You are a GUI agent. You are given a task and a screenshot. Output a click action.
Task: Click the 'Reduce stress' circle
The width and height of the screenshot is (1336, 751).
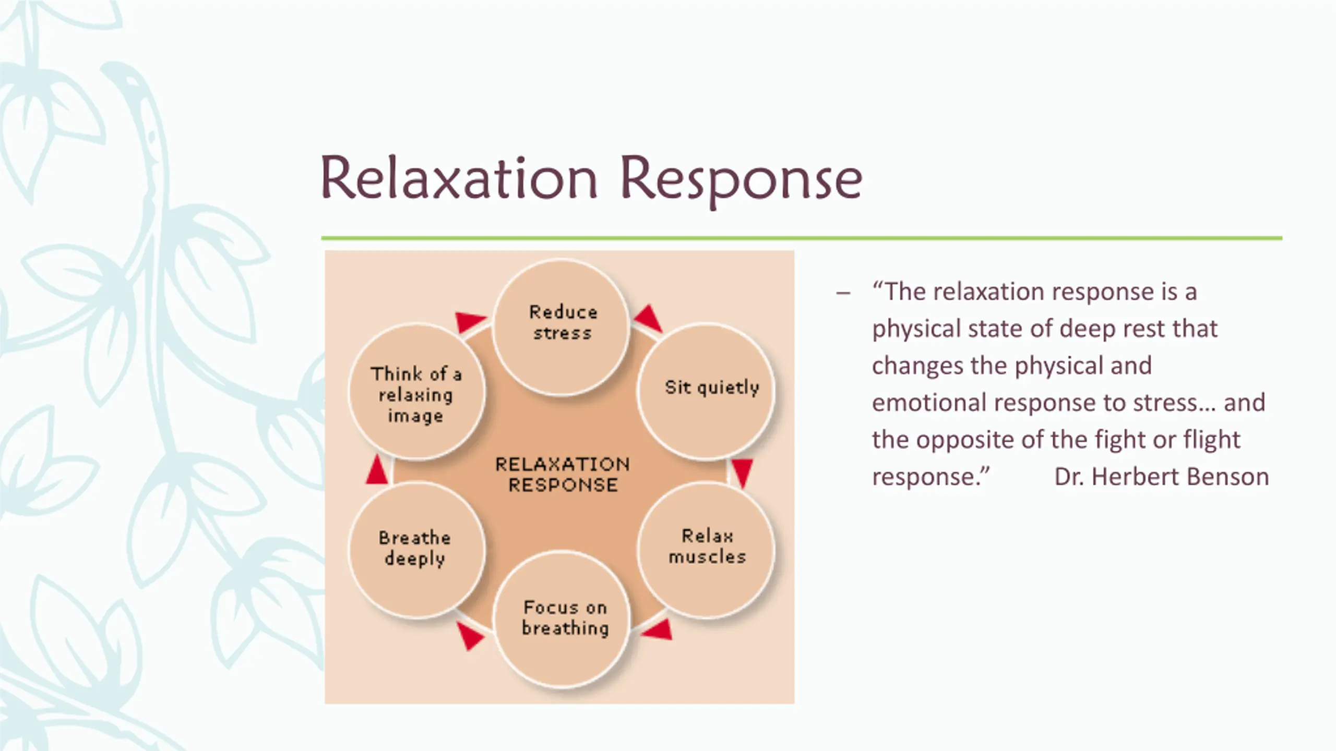(561, 327)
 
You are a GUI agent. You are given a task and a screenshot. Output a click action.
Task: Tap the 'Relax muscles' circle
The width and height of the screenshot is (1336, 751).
(706, 550)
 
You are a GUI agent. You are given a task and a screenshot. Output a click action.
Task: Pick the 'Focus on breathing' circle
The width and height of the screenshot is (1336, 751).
(562, 619)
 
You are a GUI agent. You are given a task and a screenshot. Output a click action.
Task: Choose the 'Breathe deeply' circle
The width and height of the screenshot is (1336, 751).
(417, 550)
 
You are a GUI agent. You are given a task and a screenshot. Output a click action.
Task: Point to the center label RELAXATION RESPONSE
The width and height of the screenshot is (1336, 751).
(563, 475)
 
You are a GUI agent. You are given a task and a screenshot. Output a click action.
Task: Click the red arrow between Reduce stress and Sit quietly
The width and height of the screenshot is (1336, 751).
(649, 318)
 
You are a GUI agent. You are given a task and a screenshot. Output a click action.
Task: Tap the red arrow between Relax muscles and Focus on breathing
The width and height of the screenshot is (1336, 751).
(658, 630)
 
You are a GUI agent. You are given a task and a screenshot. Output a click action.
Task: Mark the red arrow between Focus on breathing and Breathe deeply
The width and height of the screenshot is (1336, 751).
(469, 636)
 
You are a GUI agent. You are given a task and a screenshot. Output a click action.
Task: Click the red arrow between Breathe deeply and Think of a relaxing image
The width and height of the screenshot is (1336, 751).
(376, 469)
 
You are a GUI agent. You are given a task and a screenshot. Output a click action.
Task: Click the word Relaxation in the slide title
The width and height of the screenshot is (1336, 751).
(459, 179)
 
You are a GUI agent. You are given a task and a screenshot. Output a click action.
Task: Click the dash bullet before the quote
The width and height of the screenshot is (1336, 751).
(843, 293)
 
